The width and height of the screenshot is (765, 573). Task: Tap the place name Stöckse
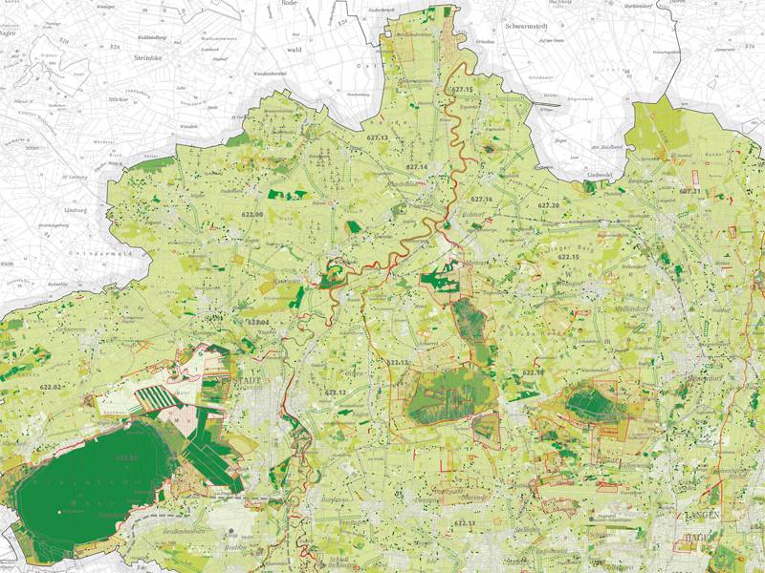(119, 97)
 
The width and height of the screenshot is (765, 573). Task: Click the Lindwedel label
(600, 176)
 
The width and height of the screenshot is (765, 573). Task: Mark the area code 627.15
(461, 89)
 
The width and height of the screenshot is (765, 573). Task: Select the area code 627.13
(379, 138)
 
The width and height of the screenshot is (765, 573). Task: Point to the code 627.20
(548, 205)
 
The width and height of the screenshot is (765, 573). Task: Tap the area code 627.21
(689, 191)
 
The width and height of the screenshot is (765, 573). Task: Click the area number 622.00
(252, 215)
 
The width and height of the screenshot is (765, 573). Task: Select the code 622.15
(569, 257)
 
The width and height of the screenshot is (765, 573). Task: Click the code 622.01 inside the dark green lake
(126, 459)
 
